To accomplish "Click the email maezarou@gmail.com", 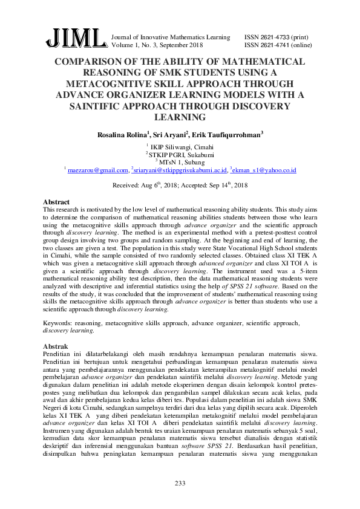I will [99, 171].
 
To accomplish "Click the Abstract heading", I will [56, 201].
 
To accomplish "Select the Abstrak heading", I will [56, 346].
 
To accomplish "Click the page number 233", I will [180, 483].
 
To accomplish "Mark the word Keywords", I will [58, 324].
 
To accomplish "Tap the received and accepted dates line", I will [180, 186].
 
